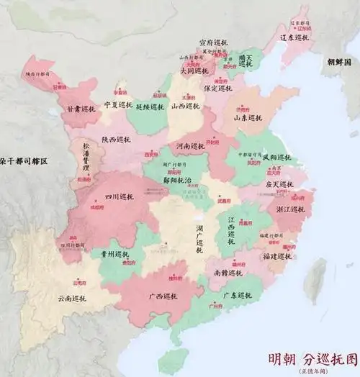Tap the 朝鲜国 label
pyautogui.click(x=336, y=63)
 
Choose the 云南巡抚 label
pyautogui.click(x=73, y=299)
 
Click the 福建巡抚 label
pyautogui.click(x=277, y=255)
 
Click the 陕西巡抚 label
pyautogui.click(x=118, y=140)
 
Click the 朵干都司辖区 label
pyautogui.click(x=23, y=162)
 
